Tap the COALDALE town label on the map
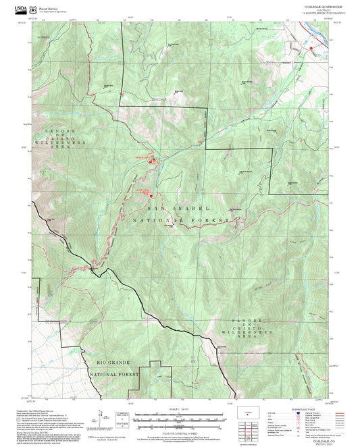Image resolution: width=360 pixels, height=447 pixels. coord(157,101)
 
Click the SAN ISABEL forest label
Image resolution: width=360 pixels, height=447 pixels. coord(180,209)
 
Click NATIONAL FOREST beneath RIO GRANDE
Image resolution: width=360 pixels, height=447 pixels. coord(110,373)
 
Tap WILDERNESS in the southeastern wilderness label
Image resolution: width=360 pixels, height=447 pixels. coord(251,332)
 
